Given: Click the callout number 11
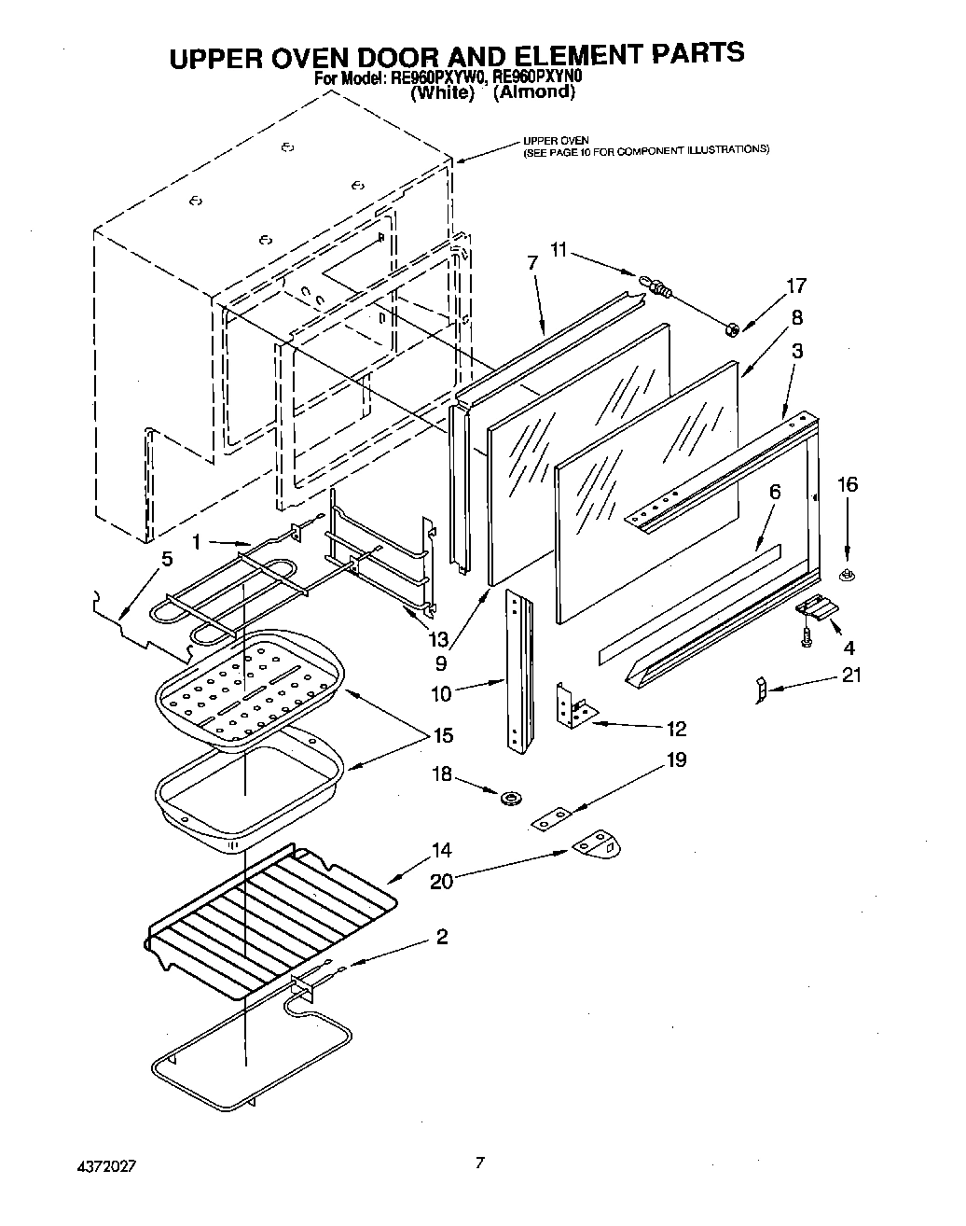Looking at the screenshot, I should (558, 249).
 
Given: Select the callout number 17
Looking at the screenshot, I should (795, 286).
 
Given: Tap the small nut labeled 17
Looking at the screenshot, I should (732, 327).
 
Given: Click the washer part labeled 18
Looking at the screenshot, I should (510, 798).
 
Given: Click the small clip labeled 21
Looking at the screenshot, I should (760, 690).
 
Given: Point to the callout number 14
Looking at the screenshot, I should (441, 850).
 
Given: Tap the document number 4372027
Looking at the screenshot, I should (108, 1166).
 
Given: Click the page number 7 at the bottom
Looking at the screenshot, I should (479, 1163).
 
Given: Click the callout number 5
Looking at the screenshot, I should (167, 560).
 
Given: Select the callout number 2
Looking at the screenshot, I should (441, 936).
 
